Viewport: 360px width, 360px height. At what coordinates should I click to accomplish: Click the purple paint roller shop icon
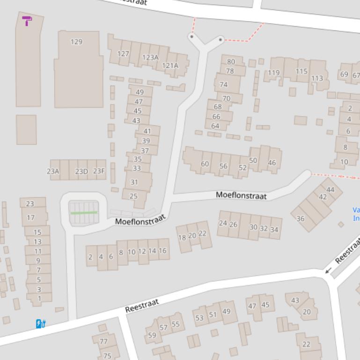pyautogui.click(x=27, y=21)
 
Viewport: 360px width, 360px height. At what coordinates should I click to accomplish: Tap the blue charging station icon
pyautogui.click(x=41, y=324)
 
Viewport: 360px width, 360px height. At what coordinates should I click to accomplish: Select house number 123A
pyautogui.click(x=150, y=58)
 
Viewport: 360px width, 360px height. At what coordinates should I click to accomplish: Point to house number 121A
pyautogui.click(x=170, y=65)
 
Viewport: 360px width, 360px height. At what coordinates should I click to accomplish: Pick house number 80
pyautogui.click(x=231, y=61)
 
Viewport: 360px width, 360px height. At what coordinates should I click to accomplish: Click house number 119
pyautogui.click(x=274, y=72)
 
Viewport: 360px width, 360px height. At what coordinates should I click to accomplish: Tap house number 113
pyautogui.click(x=317, y=78)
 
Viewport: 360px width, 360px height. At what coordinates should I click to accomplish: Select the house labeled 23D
pyautogui.click(x=81, y=172)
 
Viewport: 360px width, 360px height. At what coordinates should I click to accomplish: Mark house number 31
pyautogui.click(x=134, y=182)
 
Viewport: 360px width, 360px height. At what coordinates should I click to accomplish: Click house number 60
pyautogui.click(x=205, y=164)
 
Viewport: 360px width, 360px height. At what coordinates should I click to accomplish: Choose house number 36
pyautogui.click(x=301, y=218)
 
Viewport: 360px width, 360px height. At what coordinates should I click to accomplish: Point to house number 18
pyautogui.click(x=182, y=238)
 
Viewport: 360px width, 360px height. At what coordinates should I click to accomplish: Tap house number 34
pyautogui.click(x=274, y=229)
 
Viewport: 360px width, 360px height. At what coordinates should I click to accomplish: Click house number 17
pyautogui.click(x=31, y=217)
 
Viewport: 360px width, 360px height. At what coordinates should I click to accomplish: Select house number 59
pyautogui.click(x=152, y=335)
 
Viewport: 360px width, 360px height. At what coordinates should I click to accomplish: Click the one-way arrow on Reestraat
pyautogui.click(x=328, y=270)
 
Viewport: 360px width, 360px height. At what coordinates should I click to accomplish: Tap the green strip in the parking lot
pyautogui.click(x=84, y=213)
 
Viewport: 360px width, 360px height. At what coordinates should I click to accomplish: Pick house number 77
pyautogui.click(x=103, y=342)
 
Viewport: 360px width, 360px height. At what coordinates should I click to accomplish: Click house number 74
pyautogui.click(x=223, y=85)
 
